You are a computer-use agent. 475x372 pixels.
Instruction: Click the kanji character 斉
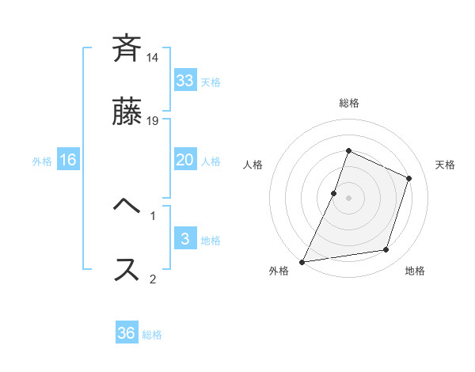[127, 49]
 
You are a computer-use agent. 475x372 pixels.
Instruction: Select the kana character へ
[127, 207]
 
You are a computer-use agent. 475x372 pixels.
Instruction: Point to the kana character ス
[127, 269]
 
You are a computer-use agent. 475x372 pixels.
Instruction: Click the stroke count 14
[153, 58]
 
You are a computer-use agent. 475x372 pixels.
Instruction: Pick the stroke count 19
[153, 120]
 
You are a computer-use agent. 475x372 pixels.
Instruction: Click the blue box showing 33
[185, 81]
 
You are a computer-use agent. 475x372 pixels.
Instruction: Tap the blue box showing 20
[185, 160]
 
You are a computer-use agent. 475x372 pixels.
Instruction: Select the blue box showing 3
[185, 239]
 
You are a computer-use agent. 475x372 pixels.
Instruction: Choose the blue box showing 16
[68, 160]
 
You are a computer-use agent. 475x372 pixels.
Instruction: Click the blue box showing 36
[127, 333]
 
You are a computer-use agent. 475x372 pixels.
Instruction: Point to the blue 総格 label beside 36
[152, 335]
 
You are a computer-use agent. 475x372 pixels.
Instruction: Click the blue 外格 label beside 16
[42, 161]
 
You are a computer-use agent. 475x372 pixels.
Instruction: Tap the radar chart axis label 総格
[348, 103]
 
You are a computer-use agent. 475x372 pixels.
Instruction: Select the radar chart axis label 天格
[445, 165]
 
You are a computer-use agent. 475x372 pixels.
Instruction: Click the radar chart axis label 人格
[253, 165]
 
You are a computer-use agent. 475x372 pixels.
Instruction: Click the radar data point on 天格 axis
[409, 178]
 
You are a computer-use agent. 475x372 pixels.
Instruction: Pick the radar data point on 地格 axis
[386, 250]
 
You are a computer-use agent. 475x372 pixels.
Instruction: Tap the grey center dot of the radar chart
[348, 198]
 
